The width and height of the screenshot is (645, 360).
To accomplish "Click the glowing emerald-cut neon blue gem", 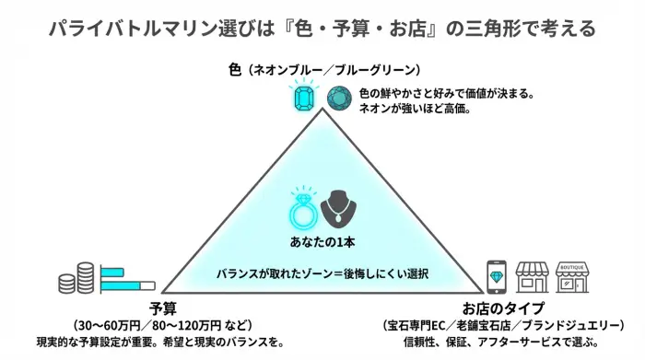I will [304, 97].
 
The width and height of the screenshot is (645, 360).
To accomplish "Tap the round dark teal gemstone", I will [339, 97].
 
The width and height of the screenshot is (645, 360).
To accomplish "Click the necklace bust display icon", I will [340, 209].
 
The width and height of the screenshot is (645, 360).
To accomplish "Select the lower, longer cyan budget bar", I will [124, 285].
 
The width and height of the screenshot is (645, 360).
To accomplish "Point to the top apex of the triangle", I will [322, 110].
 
